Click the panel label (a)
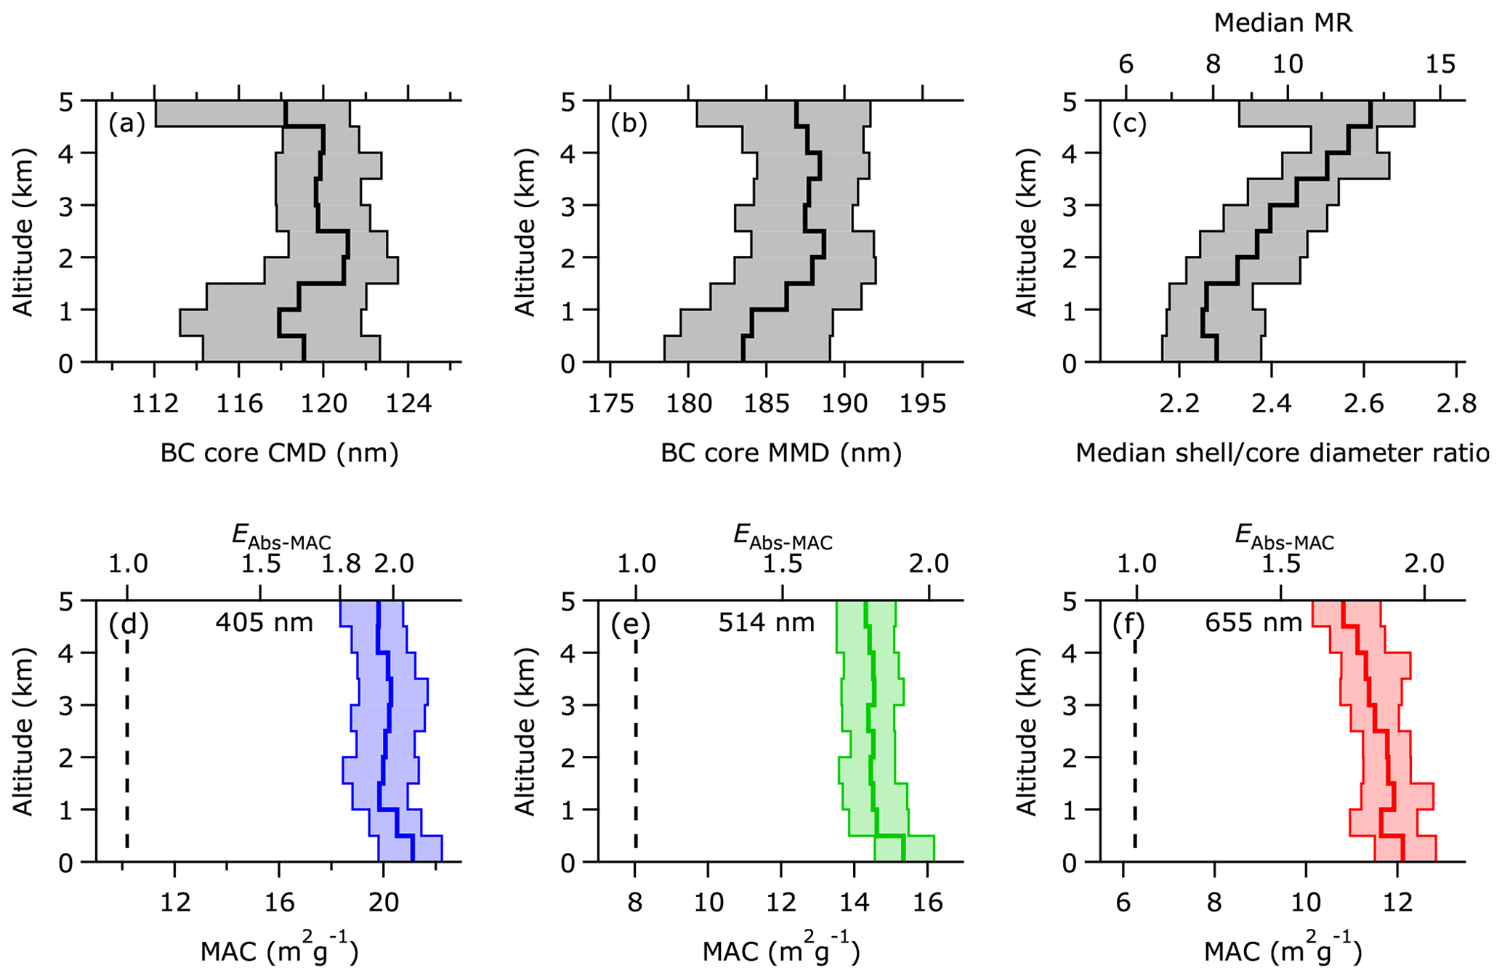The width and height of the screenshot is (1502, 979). (127, 124)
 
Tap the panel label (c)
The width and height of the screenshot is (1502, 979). (1130, 124)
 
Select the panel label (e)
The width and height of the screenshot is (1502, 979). (630, 624)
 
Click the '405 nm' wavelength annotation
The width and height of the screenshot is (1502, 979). (264, 623)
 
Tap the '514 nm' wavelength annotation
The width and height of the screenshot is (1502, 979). (767, 623)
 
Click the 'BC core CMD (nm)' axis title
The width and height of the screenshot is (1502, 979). (280, 454)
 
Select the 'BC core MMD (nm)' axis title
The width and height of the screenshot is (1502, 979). (781, 454)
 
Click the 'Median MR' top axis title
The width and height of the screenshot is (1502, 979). (1283, 23)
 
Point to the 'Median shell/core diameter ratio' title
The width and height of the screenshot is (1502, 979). (1283, 454)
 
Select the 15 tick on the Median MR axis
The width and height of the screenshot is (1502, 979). (1440, 65)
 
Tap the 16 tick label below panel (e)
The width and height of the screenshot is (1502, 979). (926, 903)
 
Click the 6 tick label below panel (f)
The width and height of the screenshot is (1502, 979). (1123, 903)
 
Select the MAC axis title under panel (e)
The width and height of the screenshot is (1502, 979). (781, 952)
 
